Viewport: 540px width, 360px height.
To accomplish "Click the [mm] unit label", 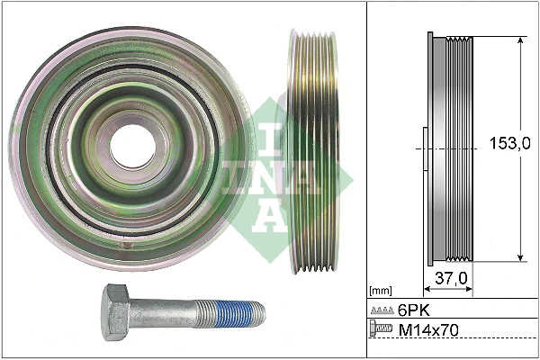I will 382,291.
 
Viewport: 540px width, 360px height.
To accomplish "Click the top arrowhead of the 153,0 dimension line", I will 521,41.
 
